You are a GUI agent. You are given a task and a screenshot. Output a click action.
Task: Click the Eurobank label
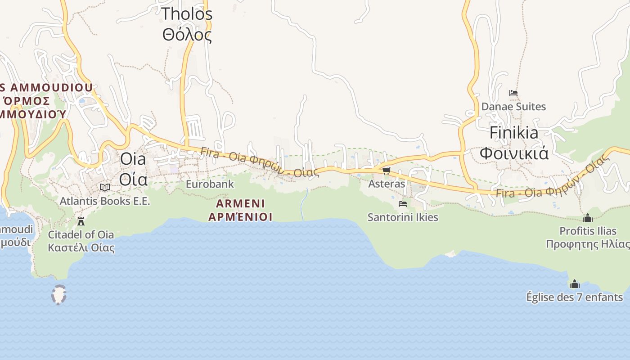click(210, 184)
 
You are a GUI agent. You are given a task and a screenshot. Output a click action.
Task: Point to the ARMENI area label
click(240, 210)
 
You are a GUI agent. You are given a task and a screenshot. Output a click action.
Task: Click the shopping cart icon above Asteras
click(386, 171)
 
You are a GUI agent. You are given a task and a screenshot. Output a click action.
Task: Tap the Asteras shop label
click(387, 184)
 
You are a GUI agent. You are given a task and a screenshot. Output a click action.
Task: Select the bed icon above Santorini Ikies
click(403, 204)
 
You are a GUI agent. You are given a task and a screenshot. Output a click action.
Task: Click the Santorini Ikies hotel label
click(403, 217)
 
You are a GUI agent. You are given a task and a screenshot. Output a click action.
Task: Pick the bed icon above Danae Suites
click(513, 93)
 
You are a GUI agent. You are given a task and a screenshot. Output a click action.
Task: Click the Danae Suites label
click(513, 107)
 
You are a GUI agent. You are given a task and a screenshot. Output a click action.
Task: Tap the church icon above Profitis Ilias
click(588, 218)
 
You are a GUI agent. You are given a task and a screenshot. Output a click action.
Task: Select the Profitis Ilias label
click(588, 237)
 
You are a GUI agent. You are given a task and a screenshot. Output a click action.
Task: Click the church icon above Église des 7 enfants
click(575, 284)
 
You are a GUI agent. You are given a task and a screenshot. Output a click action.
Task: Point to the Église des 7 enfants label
click(575, 297)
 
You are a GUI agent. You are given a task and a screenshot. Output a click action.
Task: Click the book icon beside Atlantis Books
click(105, 187)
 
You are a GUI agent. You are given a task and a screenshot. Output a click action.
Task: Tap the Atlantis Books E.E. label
click(105, 201)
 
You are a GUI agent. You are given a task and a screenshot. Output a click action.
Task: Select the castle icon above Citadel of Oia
click(81, 221)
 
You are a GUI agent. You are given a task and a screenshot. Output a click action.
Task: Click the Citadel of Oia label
click(81, 241)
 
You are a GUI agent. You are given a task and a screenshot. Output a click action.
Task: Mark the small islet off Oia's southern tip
click(59, 295)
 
